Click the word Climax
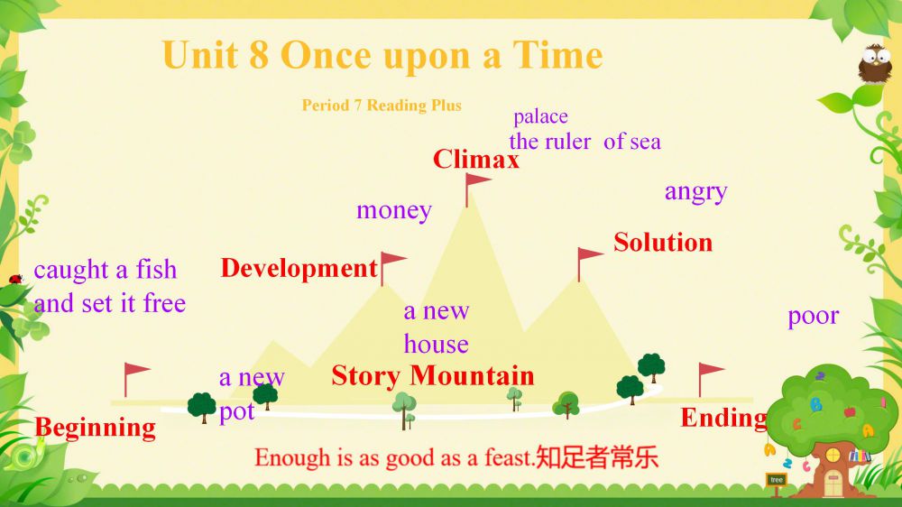[475, 159]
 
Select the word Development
[299, 268]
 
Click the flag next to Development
[393, 268]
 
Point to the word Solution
[663, 243]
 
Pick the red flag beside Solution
[590, 264]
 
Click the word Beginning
[95, 429]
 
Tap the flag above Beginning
[137, 379]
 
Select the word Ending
[723, 419]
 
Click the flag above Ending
[711, 379]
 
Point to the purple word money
[394, 210]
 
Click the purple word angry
[696, 192]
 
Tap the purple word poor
[814, 317]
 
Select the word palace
[540, 116]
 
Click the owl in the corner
[875, 63]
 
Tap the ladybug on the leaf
[15, 279]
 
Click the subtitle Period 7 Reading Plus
[382, 106]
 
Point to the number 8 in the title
[259, 55]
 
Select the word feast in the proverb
[509, 458]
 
